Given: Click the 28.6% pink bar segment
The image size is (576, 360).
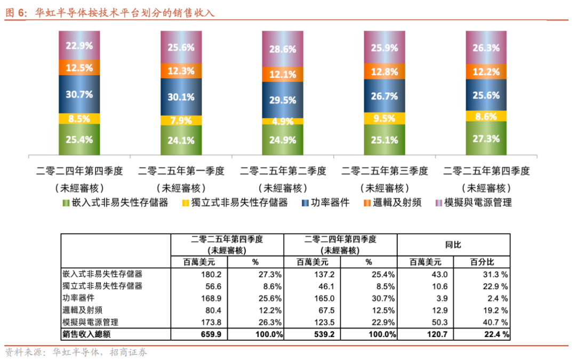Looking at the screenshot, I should (283, 49).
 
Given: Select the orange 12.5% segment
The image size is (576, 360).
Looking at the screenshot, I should (79, 68).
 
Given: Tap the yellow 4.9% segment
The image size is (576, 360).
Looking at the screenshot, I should (283, 121).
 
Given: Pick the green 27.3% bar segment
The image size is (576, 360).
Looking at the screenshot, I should (486, 138).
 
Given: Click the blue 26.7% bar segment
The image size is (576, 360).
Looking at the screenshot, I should (384, 96).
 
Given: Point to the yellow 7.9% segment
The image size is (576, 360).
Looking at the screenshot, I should (181, 120).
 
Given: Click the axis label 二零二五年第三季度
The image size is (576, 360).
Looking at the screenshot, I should (385, 171).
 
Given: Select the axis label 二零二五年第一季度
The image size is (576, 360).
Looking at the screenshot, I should (181, 171).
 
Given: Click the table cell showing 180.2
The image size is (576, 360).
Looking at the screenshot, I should (210, 274).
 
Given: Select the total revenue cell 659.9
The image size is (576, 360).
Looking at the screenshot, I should (210, 335).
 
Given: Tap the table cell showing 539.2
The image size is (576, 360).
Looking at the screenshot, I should (324, 335).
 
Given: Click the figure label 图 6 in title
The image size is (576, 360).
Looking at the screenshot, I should (15, 13).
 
